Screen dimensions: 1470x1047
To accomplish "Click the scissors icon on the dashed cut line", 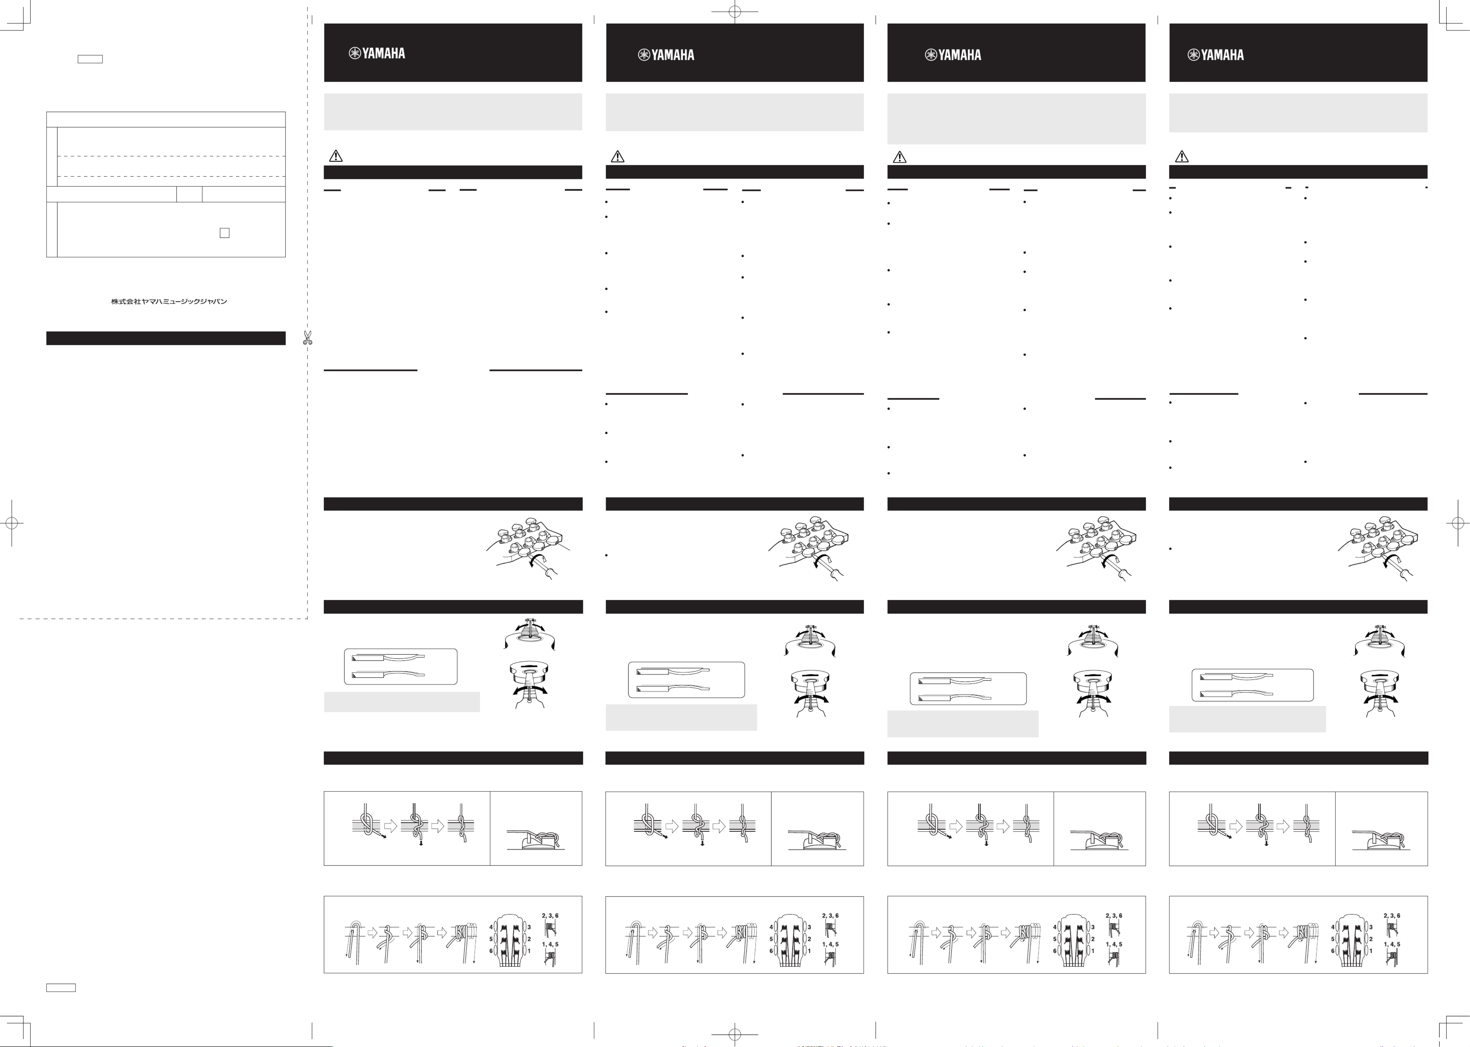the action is pyautogui.click(x=307, y=337).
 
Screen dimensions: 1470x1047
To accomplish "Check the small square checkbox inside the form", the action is pyautogui.click(x=224, y=233).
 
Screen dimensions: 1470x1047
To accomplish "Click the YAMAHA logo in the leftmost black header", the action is pyautogui.click(x=377, y=53).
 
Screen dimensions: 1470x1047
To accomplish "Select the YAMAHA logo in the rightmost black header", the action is pyautogui.click(x=1216, y=55).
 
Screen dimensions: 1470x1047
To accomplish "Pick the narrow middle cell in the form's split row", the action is pyautogui.click(x=189, y=194).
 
